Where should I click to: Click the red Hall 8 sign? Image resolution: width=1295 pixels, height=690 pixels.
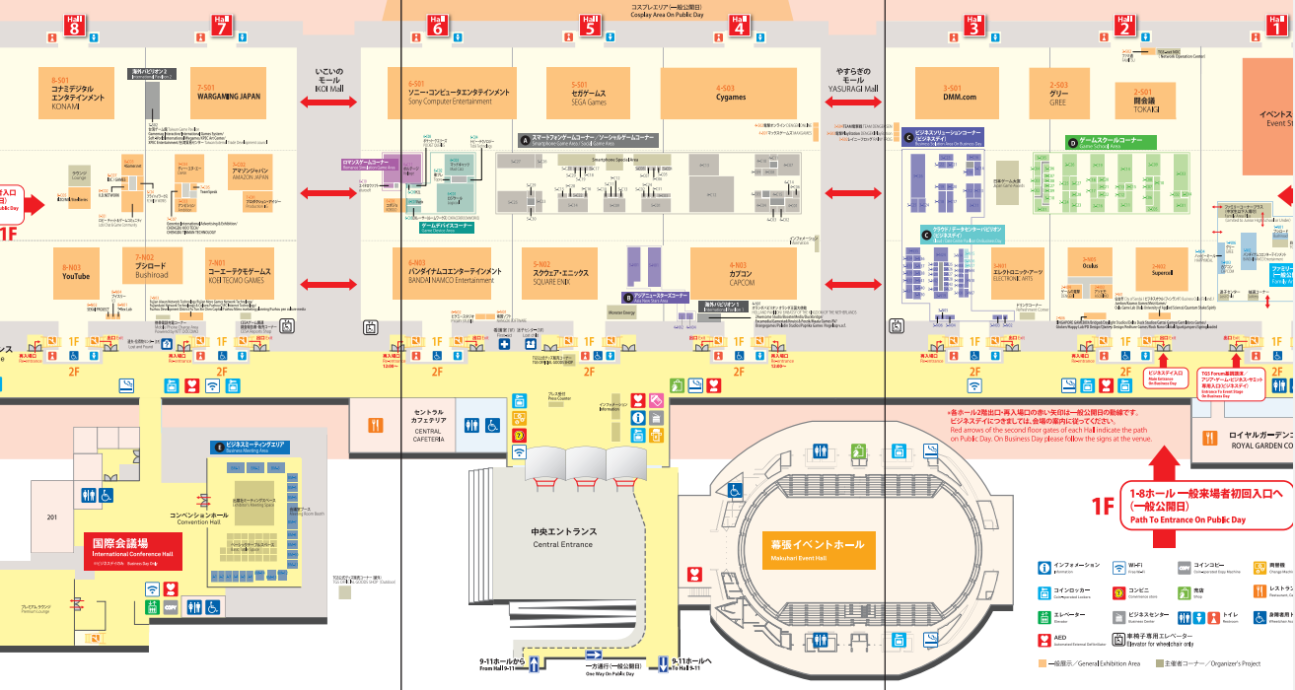(x=74, y=25)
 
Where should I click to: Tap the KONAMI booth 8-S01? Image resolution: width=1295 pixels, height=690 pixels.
(x=78, y=93)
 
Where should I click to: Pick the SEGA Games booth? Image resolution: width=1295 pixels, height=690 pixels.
(x=589, y=93)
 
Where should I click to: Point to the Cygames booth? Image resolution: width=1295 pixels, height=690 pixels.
(x=731, y=93)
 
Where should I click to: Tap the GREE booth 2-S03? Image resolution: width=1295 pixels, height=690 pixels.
(x=1058, y=93)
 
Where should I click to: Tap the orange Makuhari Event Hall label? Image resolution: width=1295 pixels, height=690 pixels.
(x=817, y=548)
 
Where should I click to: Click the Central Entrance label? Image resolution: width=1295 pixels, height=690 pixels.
(x=563, y=538)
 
